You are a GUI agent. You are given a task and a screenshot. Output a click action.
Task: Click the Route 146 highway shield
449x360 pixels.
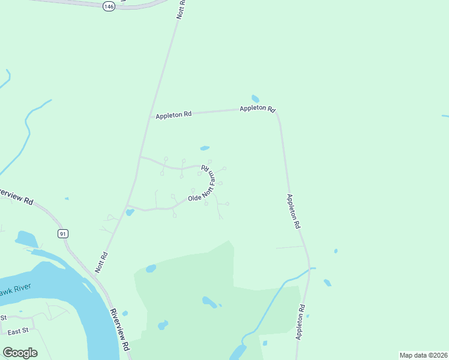(108, 6)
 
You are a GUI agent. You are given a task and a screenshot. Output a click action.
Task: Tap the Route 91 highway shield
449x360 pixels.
(62, 233)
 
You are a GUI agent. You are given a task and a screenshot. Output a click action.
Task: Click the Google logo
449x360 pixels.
(20, 353)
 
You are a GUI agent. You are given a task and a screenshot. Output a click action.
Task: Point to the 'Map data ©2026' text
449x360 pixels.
(423, 355)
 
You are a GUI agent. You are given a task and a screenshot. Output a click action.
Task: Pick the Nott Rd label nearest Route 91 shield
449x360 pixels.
(101, 262)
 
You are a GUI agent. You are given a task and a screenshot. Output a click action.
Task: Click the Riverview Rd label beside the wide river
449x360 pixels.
(121, 330)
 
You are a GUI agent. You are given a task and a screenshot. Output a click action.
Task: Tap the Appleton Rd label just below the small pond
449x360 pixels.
(258, 109)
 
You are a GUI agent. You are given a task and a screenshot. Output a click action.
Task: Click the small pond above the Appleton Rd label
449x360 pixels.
(255, 98)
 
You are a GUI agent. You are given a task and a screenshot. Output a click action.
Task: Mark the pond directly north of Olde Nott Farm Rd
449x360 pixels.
(205, 148)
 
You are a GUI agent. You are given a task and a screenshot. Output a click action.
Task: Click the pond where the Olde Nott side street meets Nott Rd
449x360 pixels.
(130, 212)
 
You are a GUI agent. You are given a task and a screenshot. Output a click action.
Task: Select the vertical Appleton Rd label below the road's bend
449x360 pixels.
(293, 211)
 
